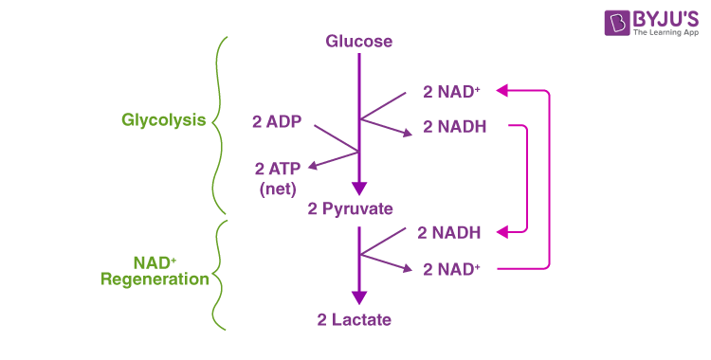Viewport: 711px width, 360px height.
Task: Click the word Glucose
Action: tap(358, 42)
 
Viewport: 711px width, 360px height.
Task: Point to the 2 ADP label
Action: tap(277, 121)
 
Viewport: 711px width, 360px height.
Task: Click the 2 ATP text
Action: tap(279, 169)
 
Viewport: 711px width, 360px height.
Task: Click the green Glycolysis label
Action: tap(164, 120)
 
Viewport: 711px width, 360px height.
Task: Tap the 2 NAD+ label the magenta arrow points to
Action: tap(451, 93)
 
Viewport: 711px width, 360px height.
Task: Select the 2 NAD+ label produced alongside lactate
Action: tap(451, 269)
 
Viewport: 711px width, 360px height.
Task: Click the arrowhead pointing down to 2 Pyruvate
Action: tap(358, 188)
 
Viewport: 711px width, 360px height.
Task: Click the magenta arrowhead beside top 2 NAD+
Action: tap(501, 92)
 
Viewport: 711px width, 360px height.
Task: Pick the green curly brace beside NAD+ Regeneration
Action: tap(219, 276)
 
